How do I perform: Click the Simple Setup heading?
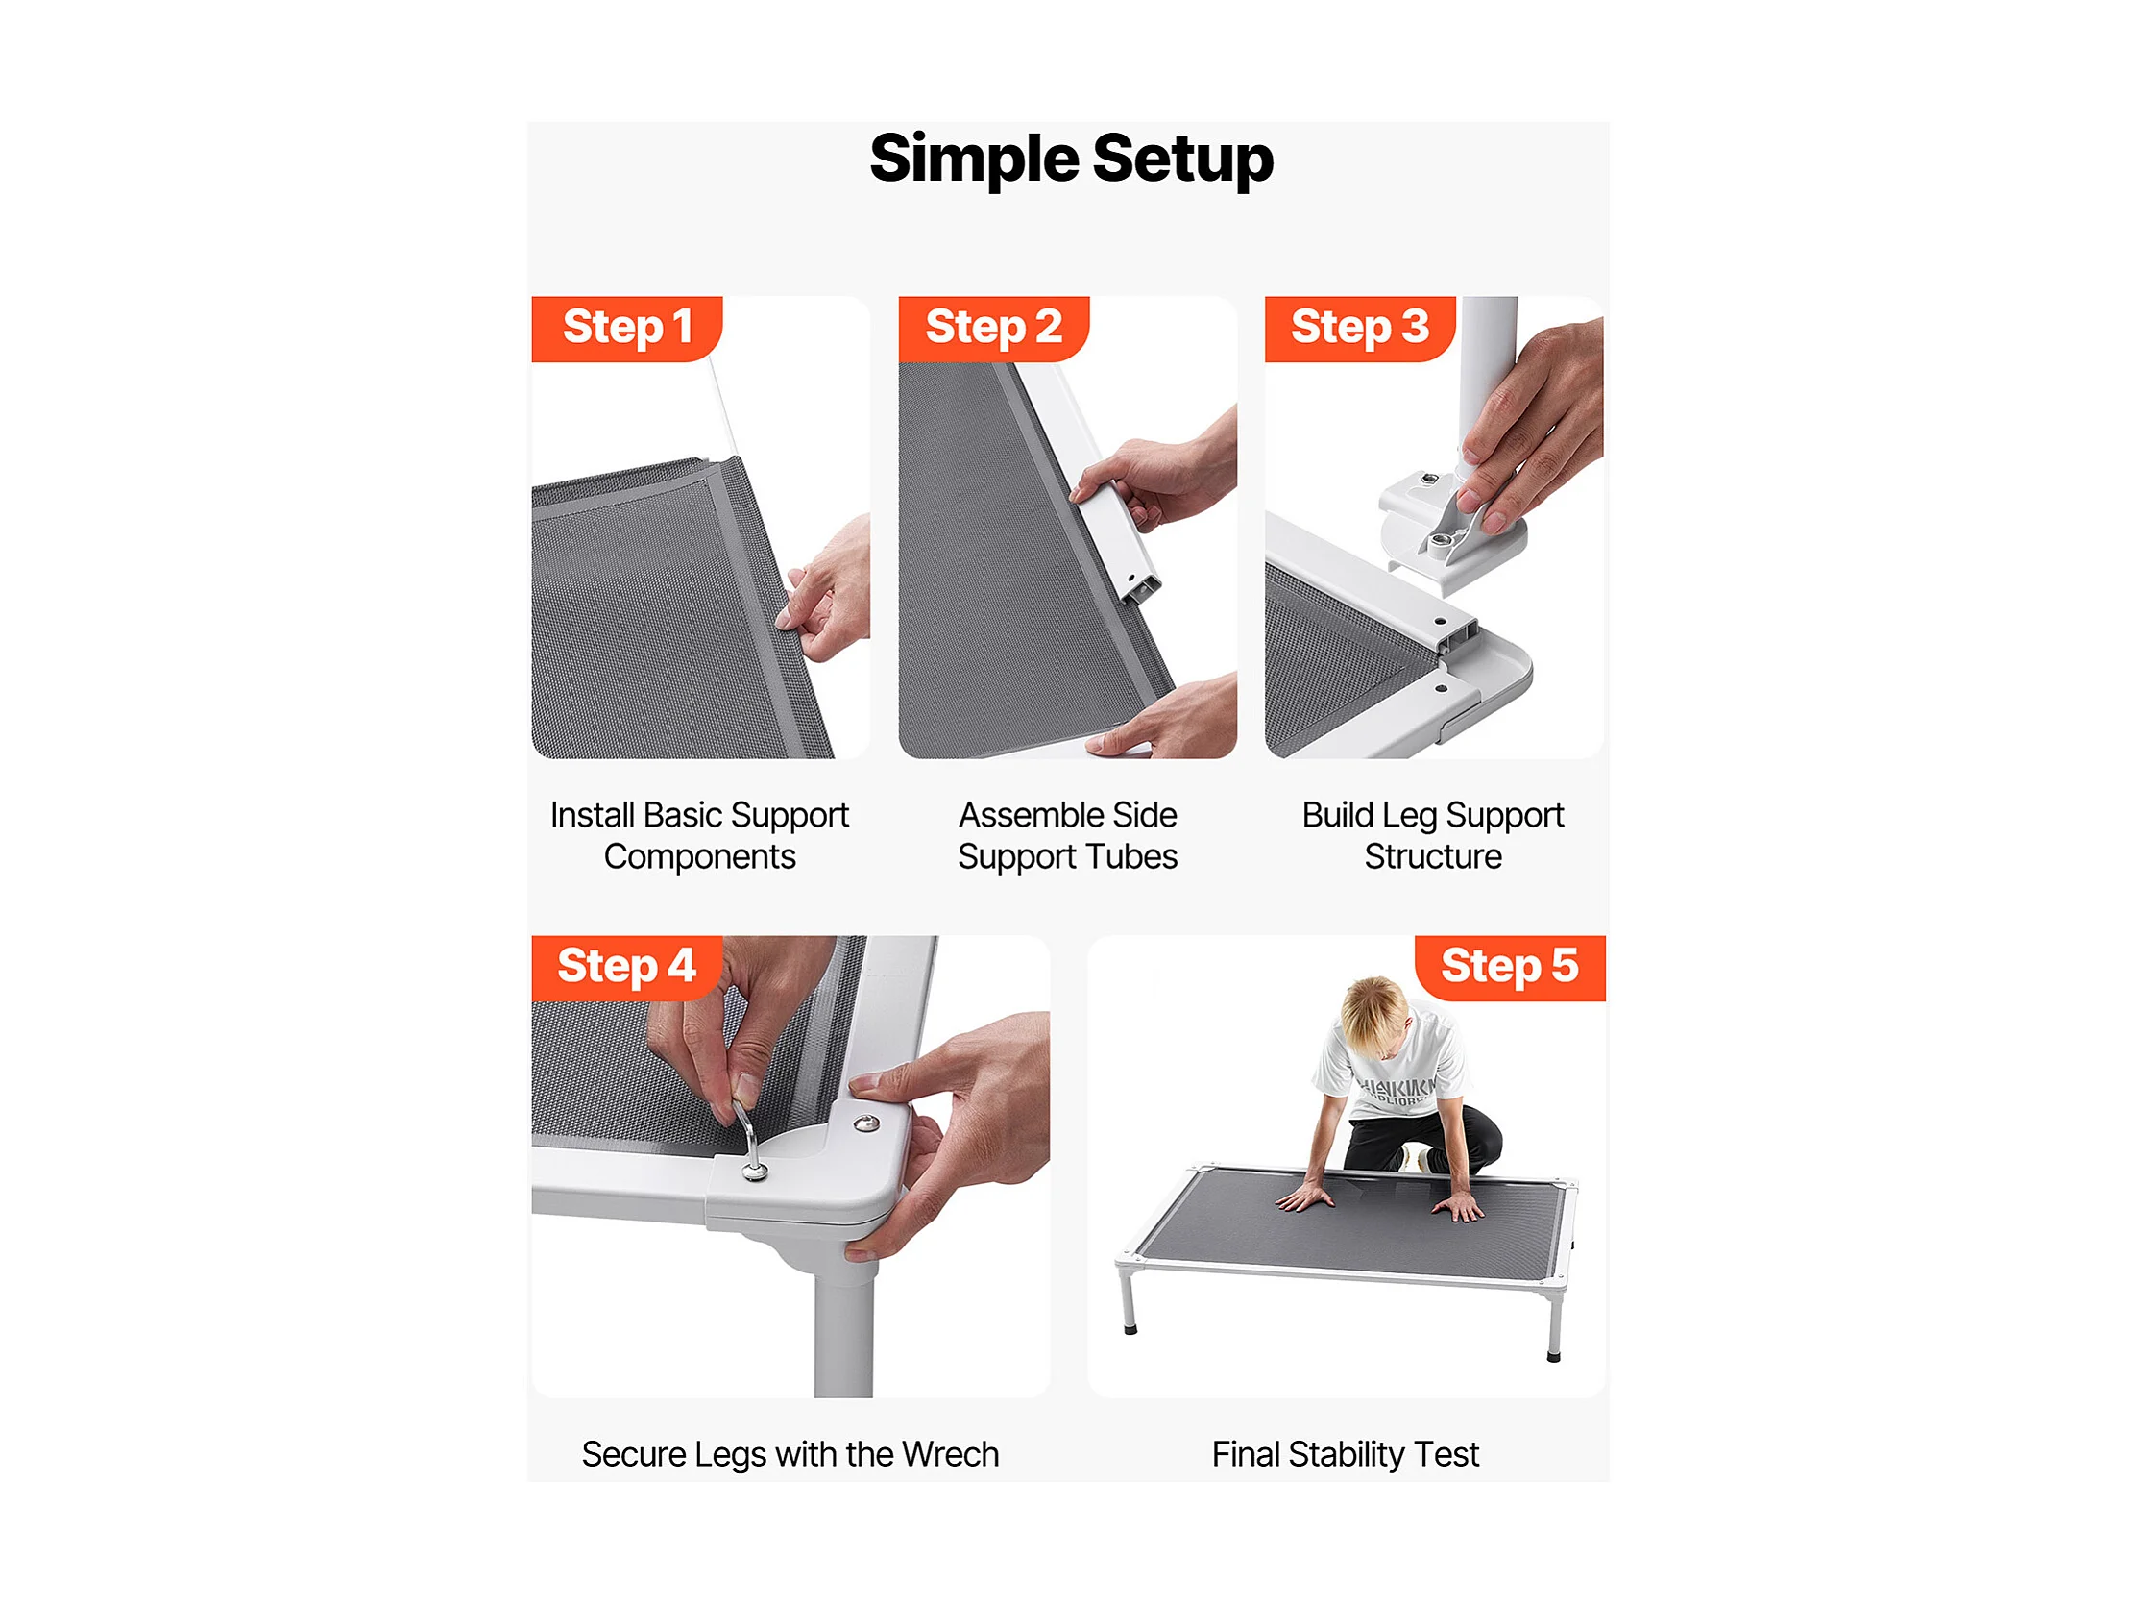(x=1071, y=159)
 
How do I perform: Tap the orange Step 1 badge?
(x=626, y=329)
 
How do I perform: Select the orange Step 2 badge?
(x=994, y=329)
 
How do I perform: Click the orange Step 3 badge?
(x=1360, y=329)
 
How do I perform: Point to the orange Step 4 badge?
(x=626, y=968)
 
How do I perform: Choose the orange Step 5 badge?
(x=1510, y=968)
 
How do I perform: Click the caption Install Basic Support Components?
(x=700, y=836)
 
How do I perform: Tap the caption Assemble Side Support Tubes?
(x=1068, y=836)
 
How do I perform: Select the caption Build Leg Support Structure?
(x=1433, y=836)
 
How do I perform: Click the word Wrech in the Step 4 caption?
(x=951, y=1454)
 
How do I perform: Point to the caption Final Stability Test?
(x=1346, y=1454)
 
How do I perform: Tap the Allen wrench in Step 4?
(x=750, y=1141)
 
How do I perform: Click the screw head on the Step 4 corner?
(x=867, y=1123)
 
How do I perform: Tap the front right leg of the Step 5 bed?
(x=1554, y=1324)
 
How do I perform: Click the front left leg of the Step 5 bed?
(x=1128, y=1299)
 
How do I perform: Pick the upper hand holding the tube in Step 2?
(x=1155, y=474)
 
